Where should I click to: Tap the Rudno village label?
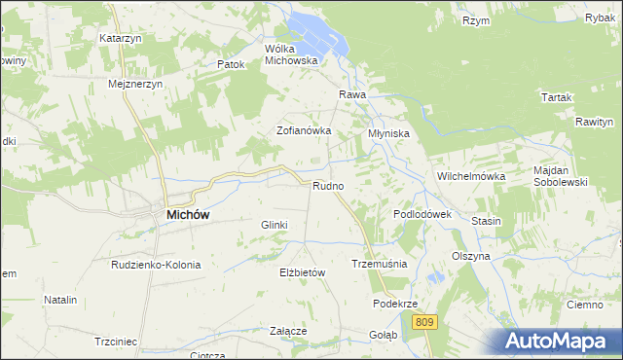pyautogui.click(x=327, y=185)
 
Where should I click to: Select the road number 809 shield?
pyautogui.click(x=422, y=321)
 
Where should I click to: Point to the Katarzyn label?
pyautogui.click(x=121, y=38)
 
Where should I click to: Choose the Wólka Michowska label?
pyautogui.click(x=292, y=54)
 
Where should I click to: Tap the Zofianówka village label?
pyautogui.click(x=305, y=129)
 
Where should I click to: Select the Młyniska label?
pyautogui.click(x=388, y=132)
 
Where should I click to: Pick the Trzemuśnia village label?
pyautogui.click(x=379, y=264)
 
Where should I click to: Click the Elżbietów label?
pyautogui.click(x=301, y=272)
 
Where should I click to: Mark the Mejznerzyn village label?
pyautogui.click(x=134, y=84)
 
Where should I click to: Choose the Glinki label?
pyautogui.click(x=274, y=225)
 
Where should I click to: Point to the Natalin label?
pyautogui.click(x=59, y=300)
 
